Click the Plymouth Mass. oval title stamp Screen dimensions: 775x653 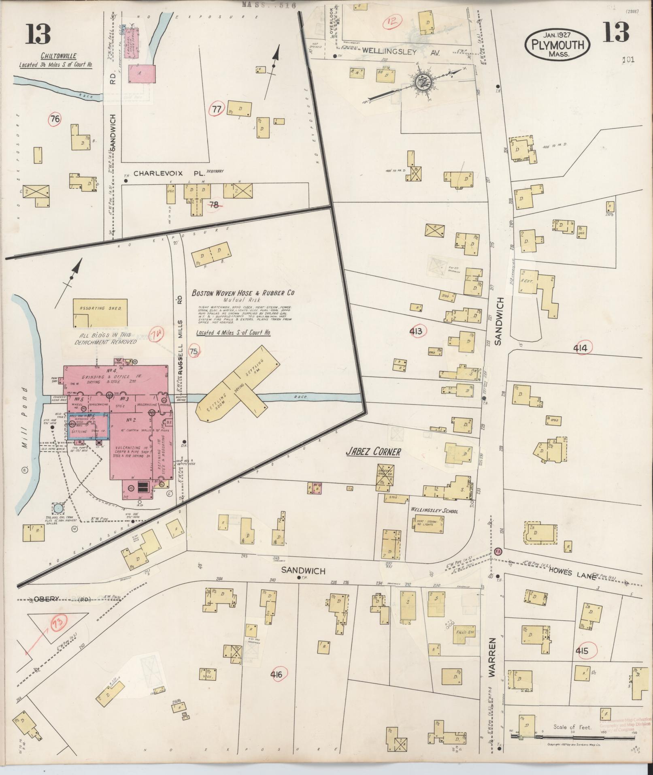(557, 45)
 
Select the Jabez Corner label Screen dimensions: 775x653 (373, 452)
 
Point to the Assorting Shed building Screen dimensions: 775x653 (100, 312)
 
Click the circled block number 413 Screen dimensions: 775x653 (415, 332)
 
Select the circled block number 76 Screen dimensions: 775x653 (55, 119)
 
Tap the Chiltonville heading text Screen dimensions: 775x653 (58, 56)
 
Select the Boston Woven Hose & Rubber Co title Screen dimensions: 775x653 (243, 292)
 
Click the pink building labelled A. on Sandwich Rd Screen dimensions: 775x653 (142, 74)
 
